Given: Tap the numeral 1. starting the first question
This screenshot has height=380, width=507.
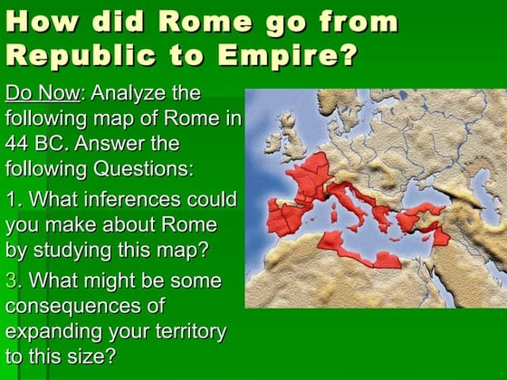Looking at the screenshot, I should tap(13, 199).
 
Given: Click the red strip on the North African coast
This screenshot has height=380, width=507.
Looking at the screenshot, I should tap(353, 250).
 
